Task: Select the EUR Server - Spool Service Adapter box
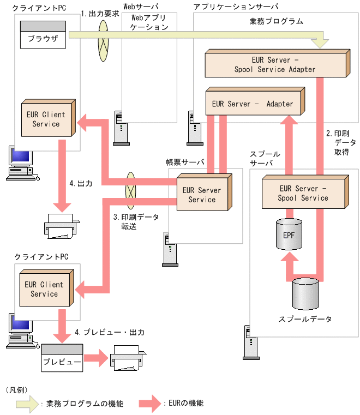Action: tap(275, 64)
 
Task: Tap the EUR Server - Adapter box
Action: tap(252, 103)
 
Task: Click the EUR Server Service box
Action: tap(202, 195)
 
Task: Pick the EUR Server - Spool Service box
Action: tap(303, 193)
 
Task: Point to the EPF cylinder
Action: tap(289, 235)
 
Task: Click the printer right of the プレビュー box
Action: tap(128, 360)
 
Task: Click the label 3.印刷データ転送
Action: tap(136, 221)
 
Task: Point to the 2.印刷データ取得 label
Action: tap(341, 143)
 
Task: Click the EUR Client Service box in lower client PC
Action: tap(44, 289)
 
